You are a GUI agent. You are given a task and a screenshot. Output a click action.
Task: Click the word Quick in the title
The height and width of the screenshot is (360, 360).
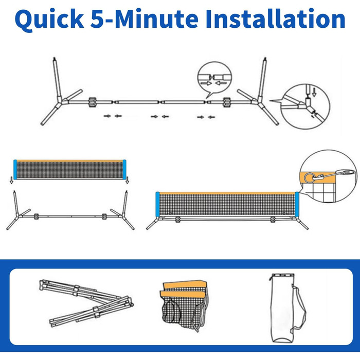click(x=49, y=20)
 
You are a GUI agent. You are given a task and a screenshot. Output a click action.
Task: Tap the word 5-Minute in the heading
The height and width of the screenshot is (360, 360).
click(x=144, y=19)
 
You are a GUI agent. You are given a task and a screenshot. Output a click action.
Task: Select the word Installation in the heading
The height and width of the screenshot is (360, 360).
click(x=275, y=19)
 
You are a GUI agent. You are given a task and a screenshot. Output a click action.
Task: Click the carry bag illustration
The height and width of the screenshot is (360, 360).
click(x=287, y=308)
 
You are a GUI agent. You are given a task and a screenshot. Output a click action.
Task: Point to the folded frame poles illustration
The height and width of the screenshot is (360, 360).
click(x=86, y=303)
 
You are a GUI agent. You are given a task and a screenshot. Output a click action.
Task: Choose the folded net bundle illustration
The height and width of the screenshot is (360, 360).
click(x=184, y=305)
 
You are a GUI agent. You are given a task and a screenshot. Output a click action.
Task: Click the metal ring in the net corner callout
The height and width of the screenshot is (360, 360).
click(x=309, y=177)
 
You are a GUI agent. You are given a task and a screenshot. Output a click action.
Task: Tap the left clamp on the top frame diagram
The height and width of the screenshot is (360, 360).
click(x=92, y=102)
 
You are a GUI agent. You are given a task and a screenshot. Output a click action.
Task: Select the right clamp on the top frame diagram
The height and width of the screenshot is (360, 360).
click(x=227, y=102)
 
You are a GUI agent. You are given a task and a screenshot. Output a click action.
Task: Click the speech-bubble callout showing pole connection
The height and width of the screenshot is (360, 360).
click(x=214, y=79)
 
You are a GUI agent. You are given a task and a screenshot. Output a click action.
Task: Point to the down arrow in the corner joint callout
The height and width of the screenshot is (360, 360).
click(x=314, y=92)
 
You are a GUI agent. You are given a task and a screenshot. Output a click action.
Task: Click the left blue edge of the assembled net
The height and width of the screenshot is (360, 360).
click(x=157, y=204)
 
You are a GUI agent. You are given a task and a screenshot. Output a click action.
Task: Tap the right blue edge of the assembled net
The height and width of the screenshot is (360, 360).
click(x=297, y=204)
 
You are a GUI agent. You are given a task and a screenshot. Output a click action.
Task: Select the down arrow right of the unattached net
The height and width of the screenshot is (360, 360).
click(x=127, y=180)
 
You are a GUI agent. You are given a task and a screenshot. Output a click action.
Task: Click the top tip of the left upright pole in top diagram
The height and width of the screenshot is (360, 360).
click(x=54, y=58)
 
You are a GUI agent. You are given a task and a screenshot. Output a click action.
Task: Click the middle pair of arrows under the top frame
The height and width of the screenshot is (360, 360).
click(x=160, y=117)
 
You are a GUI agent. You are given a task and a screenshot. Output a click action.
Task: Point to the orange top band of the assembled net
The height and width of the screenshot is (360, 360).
click(x=227, y=193)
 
